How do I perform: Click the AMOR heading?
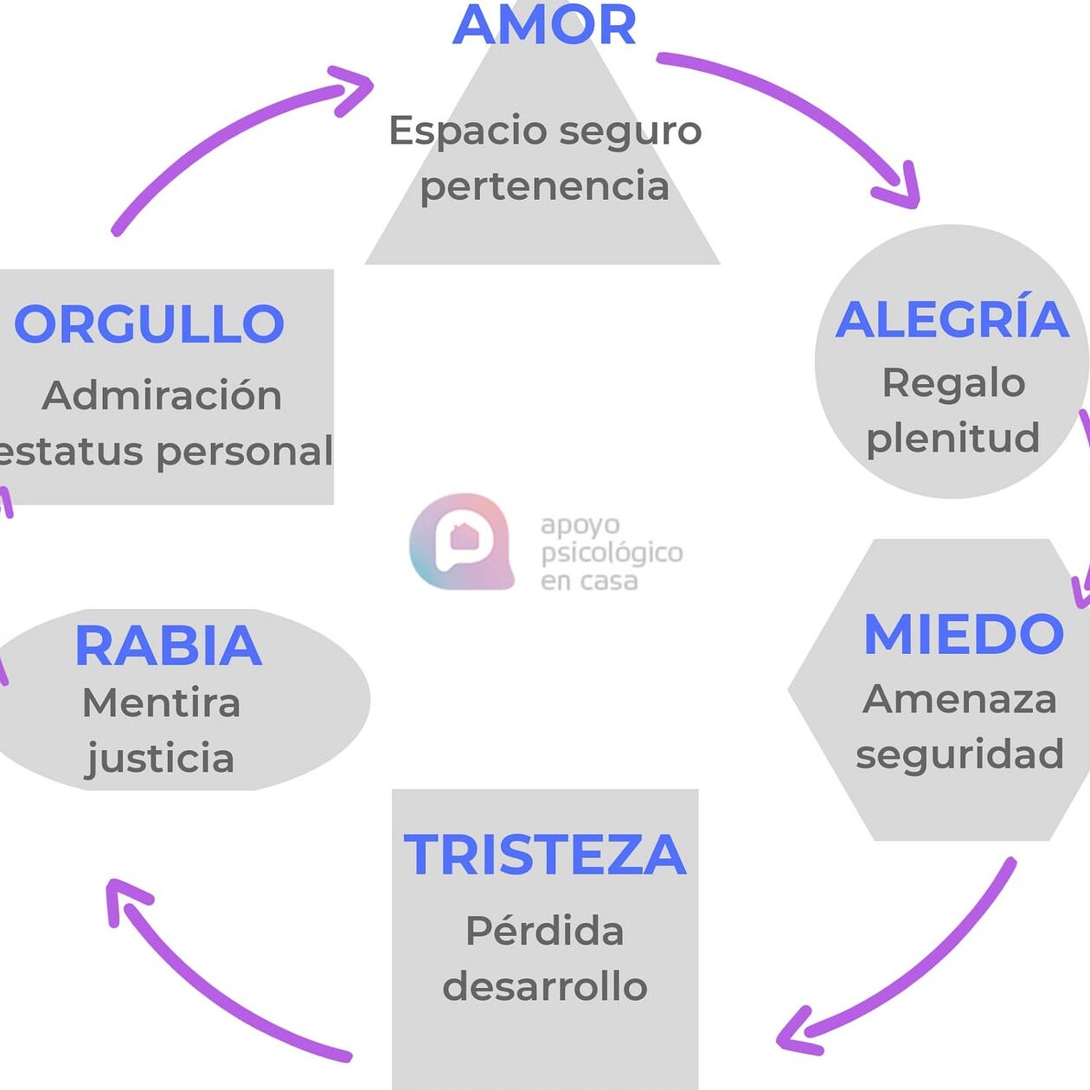544,26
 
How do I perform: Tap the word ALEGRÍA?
952,319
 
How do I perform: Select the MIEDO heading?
963,634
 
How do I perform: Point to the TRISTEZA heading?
545,855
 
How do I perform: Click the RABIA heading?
168,645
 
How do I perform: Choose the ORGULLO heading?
149,324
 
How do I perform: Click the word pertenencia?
545,187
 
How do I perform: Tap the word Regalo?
953,383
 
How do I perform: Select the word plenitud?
952,438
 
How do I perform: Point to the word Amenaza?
959,699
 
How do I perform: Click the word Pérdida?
544,932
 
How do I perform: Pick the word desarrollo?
545,987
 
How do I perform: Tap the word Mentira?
161,702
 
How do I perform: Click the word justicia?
160,759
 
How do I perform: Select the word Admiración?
162,395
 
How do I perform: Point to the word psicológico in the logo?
612,552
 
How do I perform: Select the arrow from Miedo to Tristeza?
917,969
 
